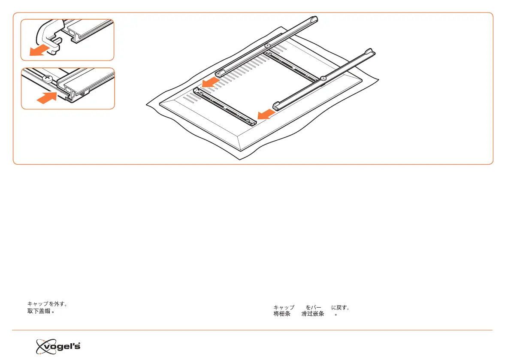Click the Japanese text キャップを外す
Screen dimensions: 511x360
point(46,304)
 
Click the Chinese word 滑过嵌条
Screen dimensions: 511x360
point(312,314)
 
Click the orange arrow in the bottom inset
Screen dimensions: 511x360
point(47,99)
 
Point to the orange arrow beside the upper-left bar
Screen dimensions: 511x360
point(211,82)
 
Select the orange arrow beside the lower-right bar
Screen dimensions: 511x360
point(266,114)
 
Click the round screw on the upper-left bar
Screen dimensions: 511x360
point(267,45)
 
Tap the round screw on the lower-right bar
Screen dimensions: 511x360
point(323,78)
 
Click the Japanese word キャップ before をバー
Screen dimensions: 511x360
point(284,308)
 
